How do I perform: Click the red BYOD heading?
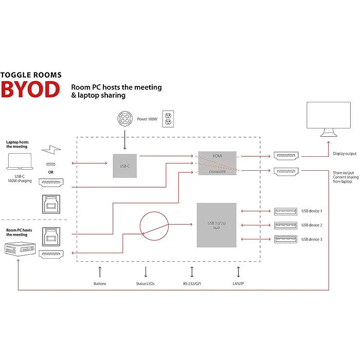coord(30,88)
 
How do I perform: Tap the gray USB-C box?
coord(125,165)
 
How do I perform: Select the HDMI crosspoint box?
coord(217,163)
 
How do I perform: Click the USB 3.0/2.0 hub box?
coord(217,224)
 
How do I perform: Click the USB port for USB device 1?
coord(285,211)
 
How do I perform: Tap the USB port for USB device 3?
coord(285,239)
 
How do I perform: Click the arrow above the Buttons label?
coord(100,272)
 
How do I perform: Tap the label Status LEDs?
coord(146,284)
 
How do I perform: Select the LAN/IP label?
coord(238,284)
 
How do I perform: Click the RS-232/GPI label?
coord(192,284)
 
